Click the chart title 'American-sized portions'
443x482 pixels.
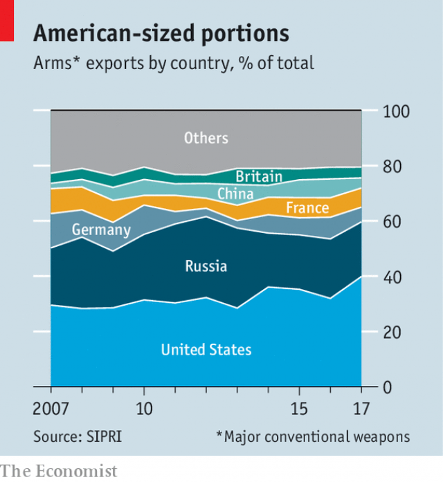[161, 34]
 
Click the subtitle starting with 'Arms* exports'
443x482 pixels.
[174, 64]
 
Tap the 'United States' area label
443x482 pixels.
[206, 350]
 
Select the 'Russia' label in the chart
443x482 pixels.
[206, 266]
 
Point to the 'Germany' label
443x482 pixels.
[101, 230]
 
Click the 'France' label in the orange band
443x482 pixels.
[307, 208]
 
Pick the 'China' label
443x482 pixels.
[235, 194]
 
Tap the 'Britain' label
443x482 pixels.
[259, 176]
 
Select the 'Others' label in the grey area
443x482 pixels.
[206, 138]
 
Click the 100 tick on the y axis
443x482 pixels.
[397, 112]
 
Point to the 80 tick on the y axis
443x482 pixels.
[392, 167]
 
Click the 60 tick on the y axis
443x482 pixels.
[392, 222]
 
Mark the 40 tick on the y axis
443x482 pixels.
[392, 277]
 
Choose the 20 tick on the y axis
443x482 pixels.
[392, 333]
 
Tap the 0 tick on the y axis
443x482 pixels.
[388, 388]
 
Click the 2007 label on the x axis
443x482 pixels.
[51, 406]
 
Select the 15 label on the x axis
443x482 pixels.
[298, 406]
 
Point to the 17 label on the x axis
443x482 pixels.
[361, 406]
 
